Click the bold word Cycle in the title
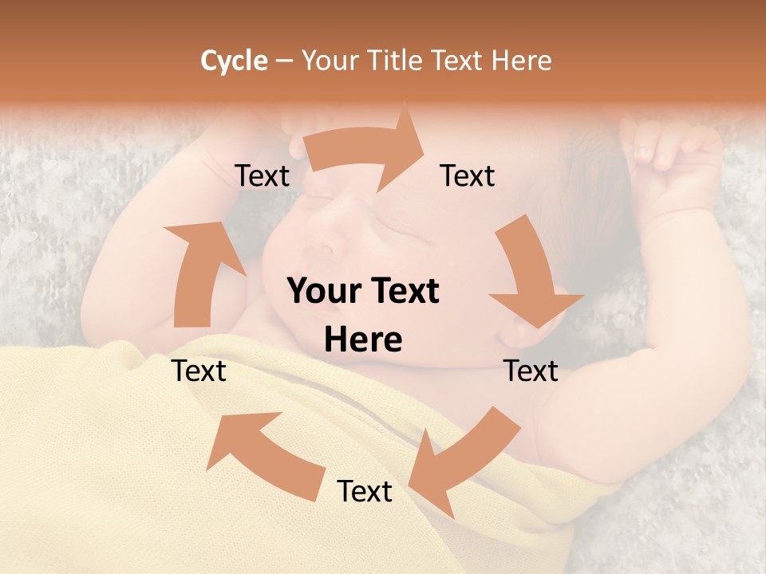pyautogui.click(x=234, y=61)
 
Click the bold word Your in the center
pyautogui.click(x=322, y=292)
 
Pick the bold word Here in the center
pyautogui.click(x=363, y=340)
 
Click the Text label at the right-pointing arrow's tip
pyautogui.click(x=468, y=176)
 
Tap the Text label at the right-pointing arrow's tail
pyautogui.click(x=263, y=176)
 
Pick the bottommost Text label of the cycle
pyautogui.click(x=365, y=492)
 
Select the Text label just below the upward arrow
pyautogui.click(x=199, y=371)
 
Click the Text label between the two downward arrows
pyautogui.click(x=531, y=371)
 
